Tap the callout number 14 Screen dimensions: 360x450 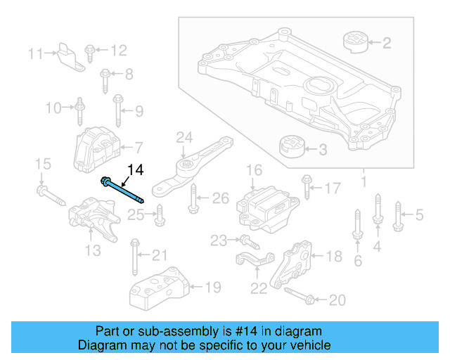[x=135, y=169]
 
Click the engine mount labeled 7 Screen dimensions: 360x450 [x=94, y=148]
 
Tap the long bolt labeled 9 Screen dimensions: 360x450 [x=117, y=110]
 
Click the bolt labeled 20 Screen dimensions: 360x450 [x=298, y=299]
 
